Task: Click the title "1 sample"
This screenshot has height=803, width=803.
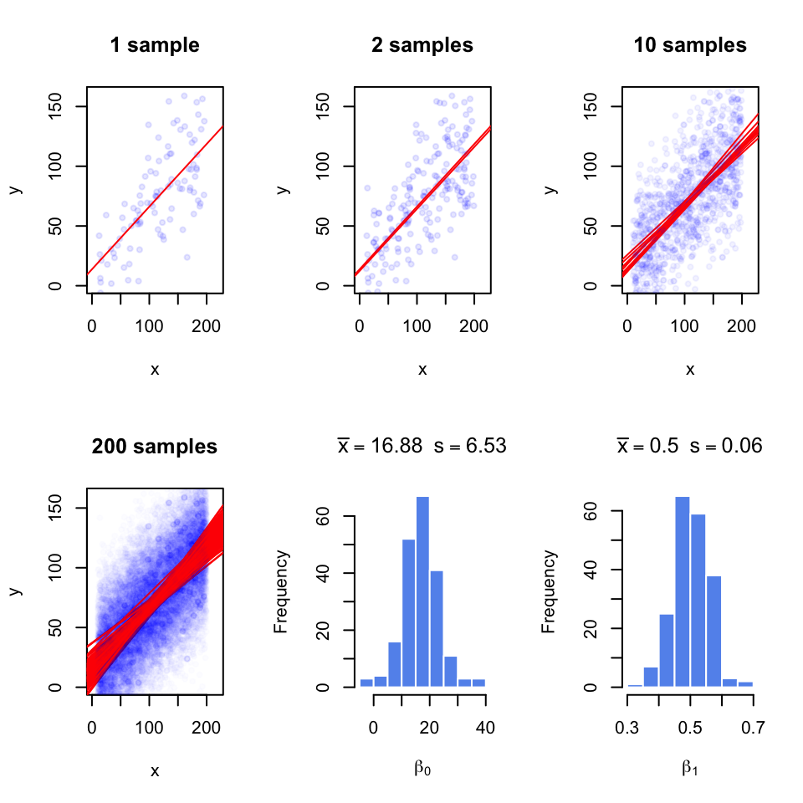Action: pyautogui.click(x=155, y=45)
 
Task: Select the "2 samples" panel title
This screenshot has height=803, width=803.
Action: pyautogui.click(x=422, y=45)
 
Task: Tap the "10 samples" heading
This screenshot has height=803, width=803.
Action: pyautogui.click(x=690, y=45)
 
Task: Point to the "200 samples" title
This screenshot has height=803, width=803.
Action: pyautogui.click(x=155, y=447)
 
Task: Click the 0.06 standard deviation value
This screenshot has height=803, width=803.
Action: pyautogui.click(x=744, y=446)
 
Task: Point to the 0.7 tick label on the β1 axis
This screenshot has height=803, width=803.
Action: pyautogui.click(x=753, y=727)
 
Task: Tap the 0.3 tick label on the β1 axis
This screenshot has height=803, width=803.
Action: pyautogui.click(x=627, y=727)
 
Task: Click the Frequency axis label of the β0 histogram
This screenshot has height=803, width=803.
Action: pyautogui.click(x=282, y=591)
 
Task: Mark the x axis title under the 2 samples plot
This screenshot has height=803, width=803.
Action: pyautogui.click(x=422, y=369)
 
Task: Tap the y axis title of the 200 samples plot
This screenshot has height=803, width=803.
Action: pyautogui.click(x=15, y=591)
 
